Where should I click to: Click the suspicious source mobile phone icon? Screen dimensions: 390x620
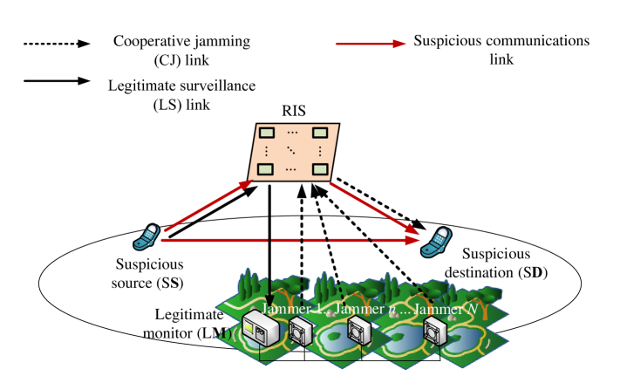point(146,237)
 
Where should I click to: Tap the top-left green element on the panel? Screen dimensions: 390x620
point(267,133)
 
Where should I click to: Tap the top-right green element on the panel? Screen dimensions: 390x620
point(319,133)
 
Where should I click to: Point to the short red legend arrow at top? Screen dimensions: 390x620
point(371,44)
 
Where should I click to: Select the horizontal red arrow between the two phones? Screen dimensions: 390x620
point(288,238)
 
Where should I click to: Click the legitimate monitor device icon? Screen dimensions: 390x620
point(262,330)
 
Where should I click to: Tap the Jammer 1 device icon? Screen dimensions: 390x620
point(301,332)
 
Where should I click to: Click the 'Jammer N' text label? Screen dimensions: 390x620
point(442,309)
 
